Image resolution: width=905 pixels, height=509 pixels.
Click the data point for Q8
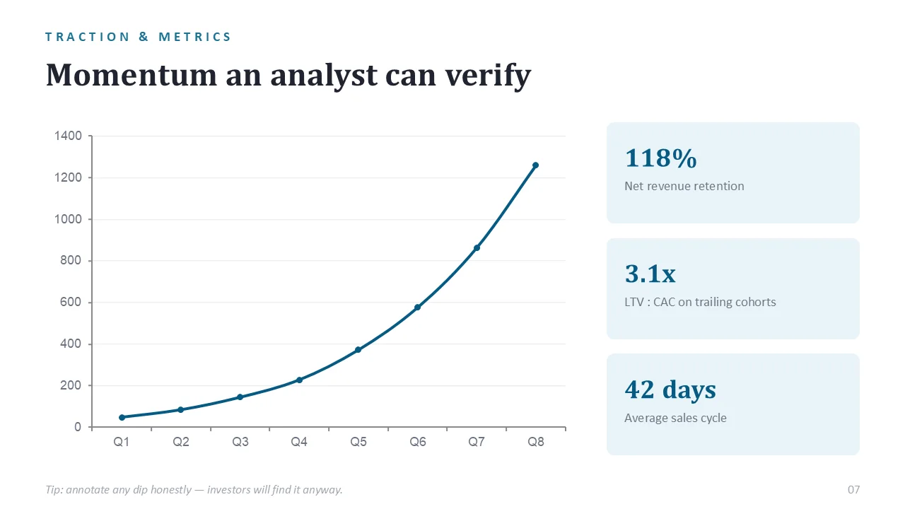536,165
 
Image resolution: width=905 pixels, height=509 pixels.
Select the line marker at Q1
122,417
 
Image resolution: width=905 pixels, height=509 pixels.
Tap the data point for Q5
358,349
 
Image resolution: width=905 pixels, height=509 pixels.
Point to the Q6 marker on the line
417,308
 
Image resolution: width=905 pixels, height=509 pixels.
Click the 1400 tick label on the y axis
68,136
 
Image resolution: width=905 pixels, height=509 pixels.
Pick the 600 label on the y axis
71,302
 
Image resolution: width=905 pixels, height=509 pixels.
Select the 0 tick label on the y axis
78,427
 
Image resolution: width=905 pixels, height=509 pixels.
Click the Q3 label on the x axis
240,442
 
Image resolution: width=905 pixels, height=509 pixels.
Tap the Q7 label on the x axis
477,442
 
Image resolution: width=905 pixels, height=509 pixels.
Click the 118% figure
661,158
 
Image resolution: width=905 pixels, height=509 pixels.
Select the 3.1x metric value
650,274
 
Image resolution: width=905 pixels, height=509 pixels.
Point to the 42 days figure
670,390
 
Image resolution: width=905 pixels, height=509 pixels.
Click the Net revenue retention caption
684,186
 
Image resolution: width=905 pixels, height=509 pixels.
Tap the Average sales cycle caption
675,418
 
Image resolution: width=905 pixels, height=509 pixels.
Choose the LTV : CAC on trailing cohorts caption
700,302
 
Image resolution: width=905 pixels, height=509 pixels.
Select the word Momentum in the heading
132,75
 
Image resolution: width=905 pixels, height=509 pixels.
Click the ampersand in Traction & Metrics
144,37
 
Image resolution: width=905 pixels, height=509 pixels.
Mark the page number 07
853,490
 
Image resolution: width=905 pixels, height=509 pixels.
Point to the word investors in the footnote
228,490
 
